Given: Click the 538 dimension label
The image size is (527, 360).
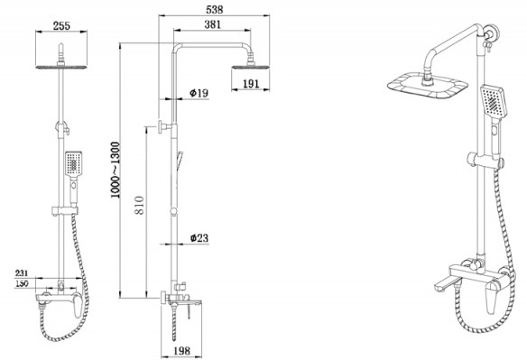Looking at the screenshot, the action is (x=214, y=9).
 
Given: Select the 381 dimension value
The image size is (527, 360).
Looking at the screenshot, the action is (x=212, y=24).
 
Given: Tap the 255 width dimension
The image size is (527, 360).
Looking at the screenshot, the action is (x=61, y=25).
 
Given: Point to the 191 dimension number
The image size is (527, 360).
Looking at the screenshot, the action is (x=251, y=84).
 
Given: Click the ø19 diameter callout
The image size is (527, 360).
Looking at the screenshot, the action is (x=199, y=93).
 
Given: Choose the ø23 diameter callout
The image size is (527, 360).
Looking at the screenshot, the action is (x=199, y=238).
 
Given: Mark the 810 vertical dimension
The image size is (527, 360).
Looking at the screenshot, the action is (x=139, y=205).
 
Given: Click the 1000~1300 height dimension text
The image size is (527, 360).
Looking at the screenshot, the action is (x=116, y=170).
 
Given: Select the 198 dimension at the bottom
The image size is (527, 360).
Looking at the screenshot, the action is (x=181, y=351).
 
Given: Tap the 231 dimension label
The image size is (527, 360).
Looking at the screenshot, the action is (x=22, y=273).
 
